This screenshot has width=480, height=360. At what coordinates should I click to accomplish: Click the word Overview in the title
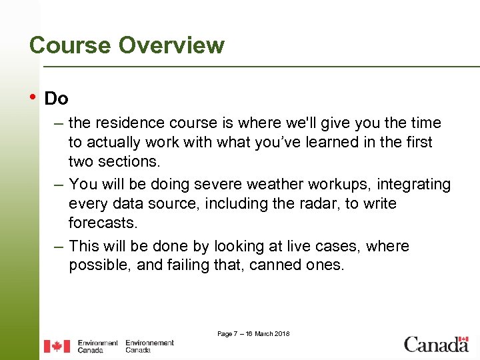click(x=171, y=45)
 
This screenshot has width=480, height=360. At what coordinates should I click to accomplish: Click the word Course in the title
click(x=70, y=45)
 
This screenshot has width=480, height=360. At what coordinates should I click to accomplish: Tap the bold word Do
click(x=56, y=99)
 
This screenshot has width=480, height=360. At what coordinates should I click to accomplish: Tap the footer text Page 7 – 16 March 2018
click(x=253, y=333)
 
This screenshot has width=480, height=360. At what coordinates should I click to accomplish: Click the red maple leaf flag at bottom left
click(x=57, y=346)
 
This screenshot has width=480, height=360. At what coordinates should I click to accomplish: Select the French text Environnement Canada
click(x=149, y=346)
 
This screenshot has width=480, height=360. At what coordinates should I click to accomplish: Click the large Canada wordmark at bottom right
click(x=436, y=345)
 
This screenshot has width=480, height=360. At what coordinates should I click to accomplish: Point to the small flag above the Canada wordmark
click(x=463, y=339)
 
